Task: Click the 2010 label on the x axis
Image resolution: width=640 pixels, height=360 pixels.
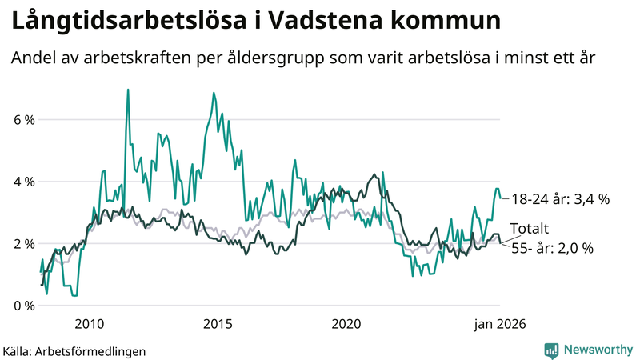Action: (x=89, y=324)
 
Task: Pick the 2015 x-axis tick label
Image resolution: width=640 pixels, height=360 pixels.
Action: (x=218, y=324)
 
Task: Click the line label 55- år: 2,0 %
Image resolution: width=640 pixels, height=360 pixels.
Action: (x=552, y=249)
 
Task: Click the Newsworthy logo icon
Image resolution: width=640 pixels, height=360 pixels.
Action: (x=551, y=350)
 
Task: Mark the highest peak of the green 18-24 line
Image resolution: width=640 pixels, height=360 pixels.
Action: (x=128, y=90)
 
